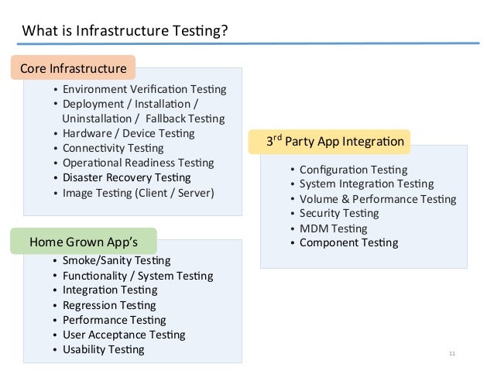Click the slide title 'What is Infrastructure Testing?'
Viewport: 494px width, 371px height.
click(x=125, y=31)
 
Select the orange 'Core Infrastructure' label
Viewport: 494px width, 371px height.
click(x=73, y=68)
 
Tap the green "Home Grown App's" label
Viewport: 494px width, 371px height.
click(x=84, y=241)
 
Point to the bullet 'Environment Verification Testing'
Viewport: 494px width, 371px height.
click(x=144, y=89)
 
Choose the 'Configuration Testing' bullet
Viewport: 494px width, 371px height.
click(x=353, y=170)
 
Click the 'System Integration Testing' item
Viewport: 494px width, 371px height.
click(x=366, y=184)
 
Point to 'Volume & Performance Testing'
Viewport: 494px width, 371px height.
click(x=378, y=199)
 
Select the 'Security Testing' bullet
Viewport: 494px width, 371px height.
click(x=339, y=213)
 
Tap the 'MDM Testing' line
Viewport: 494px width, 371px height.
click(x=333, y=228)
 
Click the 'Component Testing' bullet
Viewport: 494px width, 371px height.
click(x=348, y=242)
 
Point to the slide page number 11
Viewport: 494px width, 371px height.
click(x=452, y=354)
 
